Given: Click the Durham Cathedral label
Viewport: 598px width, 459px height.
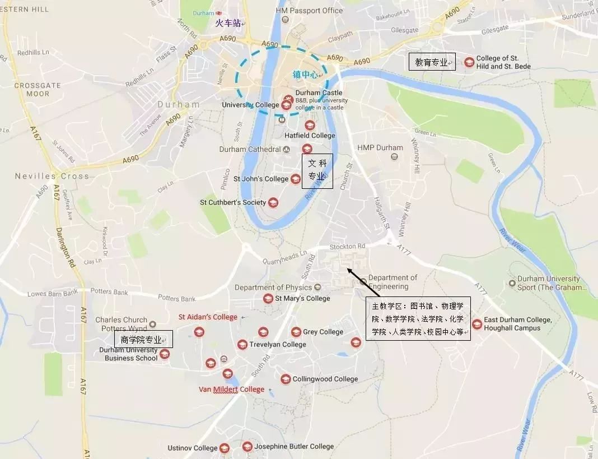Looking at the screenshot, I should pyautogui.click(x=250, y=150).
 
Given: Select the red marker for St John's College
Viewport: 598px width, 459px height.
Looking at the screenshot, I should pyautogui.click(x=296, y=179).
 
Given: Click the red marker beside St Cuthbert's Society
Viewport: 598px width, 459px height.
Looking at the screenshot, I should pyautogui.click(x=273, y=202).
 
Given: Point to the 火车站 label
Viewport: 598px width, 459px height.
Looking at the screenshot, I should pyautogui.click(x=228, y=23).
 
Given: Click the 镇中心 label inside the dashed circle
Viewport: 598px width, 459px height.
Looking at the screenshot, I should pyautogui.click(x=306, y=74).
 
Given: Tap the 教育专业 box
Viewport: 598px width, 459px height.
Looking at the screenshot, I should pyautogui.click(x=432, y=62).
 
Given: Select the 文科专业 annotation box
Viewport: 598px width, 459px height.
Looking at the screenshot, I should pyautogui.click(x=317, y=170).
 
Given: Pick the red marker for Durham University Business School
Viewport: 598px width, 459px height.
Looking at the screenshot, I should pyautogui.click(x=164, y=354).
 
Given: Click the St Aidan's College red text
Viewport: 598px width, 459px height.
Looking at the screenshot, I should pyautogui.click(x=208, y=317).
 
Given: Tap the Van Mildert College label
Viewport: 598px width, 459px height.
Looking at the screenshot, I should pyautogui.click(x=231, y=390).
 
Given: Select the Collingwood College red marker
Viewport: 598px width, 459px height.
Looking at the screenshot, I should pyautogui.click(x=286, y=379).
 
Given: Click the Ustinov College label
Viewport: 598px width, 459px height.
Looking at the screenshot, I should pyautogui.click(x=192, y=448).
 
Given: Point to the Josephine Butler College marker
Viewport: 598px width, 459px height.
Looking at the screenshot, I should pyautogui.click(x=247, y=447).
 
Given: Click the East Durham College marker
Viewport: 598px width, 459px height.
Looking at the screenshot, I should pyautogui.click(x=476, y=324).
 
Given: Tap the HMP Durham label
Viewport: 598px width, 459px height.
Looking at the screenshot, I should pyautogui.click(x=380, y=148).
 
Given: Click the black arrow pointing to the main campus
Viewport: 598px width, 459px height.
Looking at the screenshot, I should pyautogui.click(x=363, y=282).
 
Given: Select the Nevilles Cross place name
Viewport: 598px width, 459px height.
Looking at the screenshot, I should pyautogui.click(x=52, y=176).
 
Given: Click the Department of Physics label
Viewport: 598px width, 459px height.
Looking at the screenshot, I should pyautogui.click(x=273, y=288).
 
